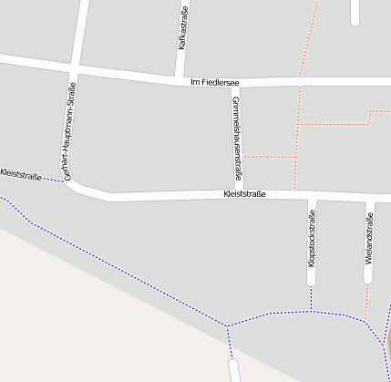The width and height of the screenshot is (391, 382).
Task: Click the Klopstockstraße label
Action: click(x=312, y=238)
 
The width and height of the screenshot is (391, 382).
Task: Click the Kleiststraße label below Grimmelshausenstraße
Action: click(x=244, y=194)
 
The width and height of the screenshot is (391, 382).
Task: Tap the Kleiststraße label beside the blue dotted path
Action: click(x=21, y=173)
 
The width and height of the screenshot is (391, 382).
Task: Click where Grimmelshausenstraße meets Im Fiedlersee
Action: click(x=237, y=84)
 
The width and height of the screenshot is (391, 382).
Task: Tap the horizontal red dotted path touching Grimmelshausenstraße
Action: click(x=270, y=157)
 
